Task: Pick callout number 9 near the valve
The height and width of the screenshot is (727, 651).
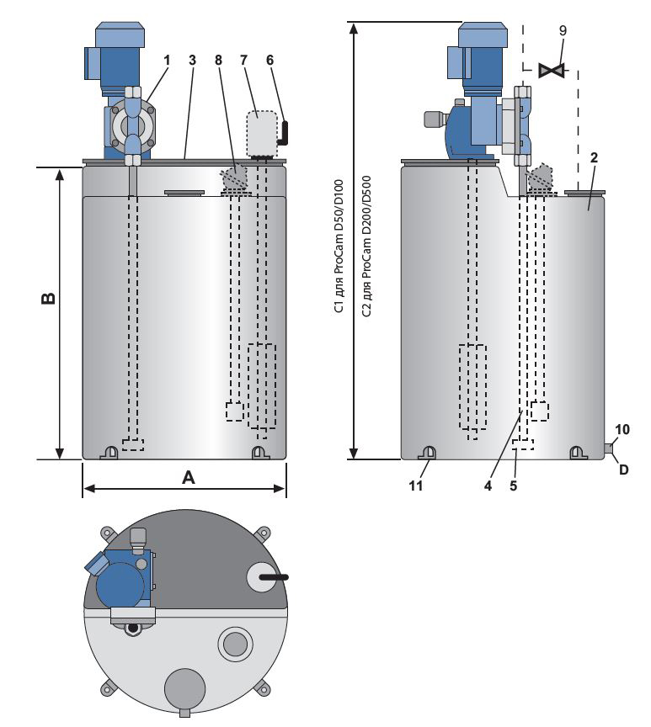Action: (563, 29)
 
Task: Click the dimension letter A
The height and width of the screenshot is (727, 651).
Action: (189, 477)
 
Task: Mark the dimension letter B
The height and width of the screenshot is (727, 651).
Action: (49, 299)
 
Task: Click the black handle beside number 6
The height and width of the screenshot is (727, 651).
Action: (285, 131)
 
